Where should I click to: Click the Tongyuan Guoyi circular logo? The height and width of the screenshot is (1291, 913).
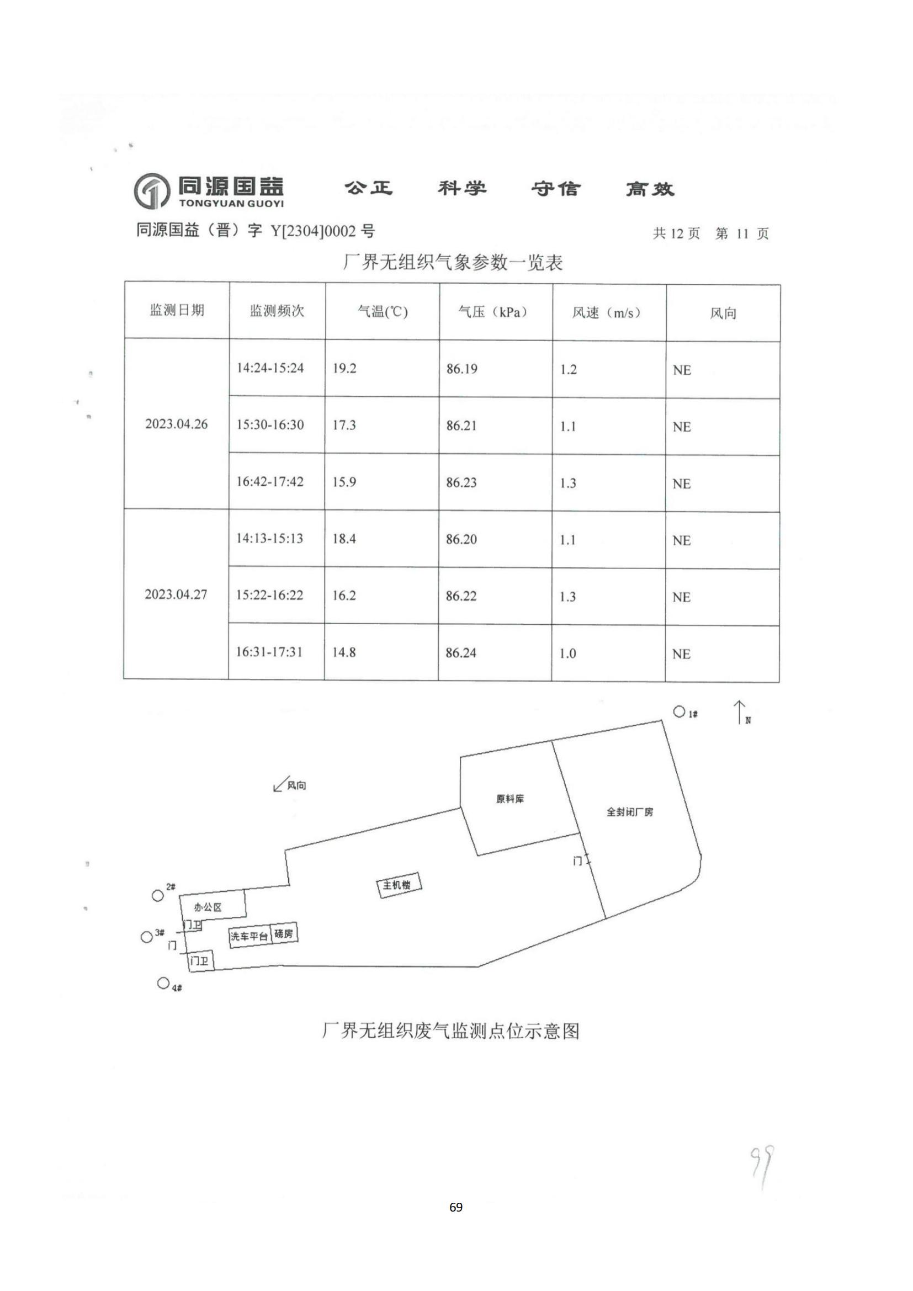pyautogui.click(x=151, y=190)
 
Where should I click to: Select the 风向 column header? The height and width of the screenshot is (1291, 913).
pyautogui.click(x=723, y=313)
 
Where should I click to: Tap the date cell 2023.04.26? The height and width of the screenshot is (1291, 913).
pyautogui.click(x=177, y=424)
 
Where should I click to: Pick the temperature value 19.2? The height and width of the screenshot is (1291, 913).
pyautogui.click(x=344, y=368)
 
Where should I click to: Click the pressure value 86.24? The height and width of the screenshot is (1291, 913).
pyautogui.click(x=461, y=653)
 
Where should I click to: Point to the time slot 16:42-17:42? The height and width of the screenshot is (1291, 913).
pyautogui.click(x=270, y=482)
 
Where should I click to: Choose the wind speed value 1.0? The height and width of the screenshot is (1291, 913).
pyautogui.click(x=567, y=654)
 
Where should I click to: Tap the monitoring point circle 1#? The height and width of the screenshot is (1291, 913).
pyautogui.click(x=679, y=712)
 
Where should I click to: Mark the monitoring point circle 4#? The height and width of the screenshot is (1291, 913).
pyautogui.click(x=163, y=983)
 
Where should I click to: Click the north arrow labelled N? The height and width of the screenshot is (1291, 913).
pyautogui.click(x=740, y=712)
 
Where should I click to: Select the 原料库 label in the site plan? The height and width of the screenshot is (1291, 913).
pyautogui.click(x=510, y=799)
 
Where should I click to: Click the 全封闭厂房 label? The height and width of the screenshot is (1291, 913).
pyautogui.click(x=630, y=812)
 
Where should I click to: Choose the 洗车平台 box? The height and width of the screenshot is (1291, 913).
pyautogui.click(x=250, y=936)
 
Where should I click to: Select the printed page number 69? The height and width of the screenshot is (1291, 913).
pyautogui.click(x=456, y=1207)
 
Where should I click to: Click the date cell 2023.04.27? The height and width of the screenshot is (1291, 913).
pyautogui.click(x=176, y=594)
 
